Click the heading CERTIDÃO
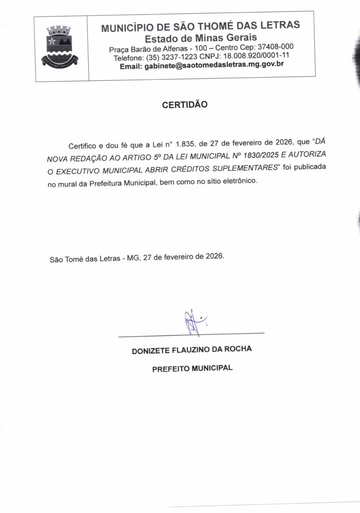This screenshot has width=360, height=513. pyautogui.click(x=185, y=106)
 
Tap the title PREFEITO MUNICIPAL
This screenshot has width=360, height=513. pyautogui.click(x=193, y=368)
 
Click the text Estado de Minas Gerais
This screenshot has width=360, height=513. pyautogui.click(x=201, y=38)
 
